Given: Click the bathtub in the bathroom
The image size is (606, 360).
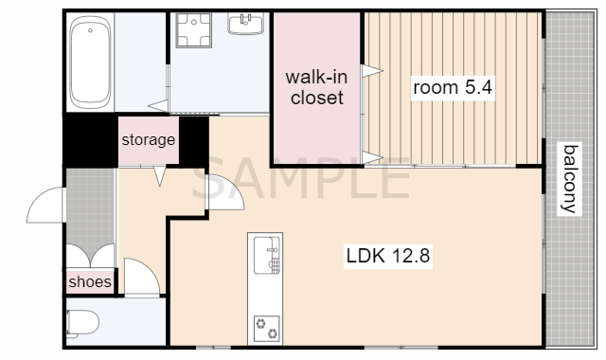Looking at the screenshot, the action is tap(90, 63).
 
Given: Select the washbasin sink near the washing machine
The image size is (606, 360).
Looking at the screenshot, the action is tap(245, 24).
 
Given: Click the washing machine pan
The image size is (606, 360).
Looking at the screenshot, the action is tap(193, 30).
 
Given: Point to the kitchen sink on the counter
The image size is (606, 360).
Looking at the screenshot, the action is tap(267, 255).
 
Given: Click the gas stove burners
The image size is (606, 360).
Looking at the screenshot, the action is tap(266, 329).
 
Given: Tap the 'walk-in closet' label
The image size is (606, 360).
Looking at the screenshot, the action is tap(317, 87).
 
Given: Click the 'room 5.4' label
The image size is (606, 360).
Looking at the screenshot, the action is tap(453, 87).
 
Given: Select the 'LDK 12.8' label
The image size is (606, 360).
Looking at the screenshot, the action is tap(387, 256).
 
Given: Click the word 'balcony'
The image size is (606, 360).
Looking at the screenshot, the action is tap(570, 179).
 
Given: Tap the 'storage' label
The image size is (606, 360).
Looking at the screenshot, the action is tap(149, 139).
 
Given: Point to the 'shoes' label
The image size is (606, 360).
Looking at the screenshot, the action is tap(90, 281).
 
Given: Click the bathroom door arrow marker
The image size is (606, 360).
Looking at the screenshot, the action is tap(158, 105).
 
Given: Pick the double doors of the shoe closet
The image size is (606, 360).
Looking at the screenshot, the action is tap(91, 256).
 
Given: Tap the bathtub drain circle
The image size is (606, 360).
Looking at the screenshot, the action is tap(90, 30).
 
